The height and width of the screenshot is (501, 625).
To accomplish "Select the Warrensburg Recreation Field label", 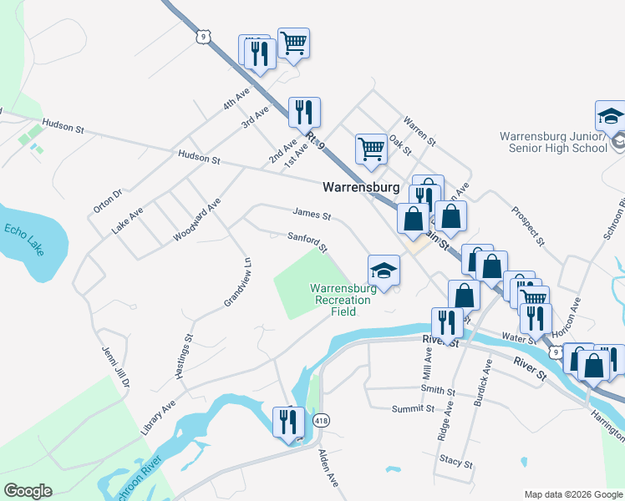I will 344,300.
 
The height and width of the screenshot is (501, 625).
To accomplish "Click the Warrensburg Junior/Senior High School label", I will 553,142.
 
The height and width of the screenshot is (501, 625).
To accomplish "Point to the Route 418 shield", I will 321,421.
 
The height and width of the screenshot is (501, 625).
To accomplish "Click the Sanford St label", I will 307,243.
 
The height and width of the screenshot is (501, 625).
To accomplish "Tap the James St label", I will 312,216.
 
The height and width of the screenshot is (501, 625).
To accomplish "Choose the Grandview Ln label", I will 237,283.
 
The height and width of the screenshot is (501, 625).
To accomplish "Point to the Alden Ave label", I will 328,468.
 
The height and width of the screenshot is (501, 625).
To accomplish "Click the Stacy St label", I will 457,462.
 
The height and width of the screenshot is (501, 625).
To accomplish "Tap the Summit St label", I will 413,409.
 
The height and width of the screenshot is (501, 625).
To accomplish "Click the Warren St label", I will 419,131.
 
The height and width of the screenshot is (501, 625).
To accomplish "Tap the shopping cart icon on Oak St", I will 370,149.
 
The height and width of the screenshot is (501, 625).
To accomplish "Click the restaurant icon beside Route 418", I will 288,422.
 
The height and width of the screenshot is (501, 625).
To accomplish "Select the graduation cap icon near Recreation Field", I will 384,271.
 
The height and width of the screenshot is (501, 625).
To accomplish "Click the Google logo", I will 28,491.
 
